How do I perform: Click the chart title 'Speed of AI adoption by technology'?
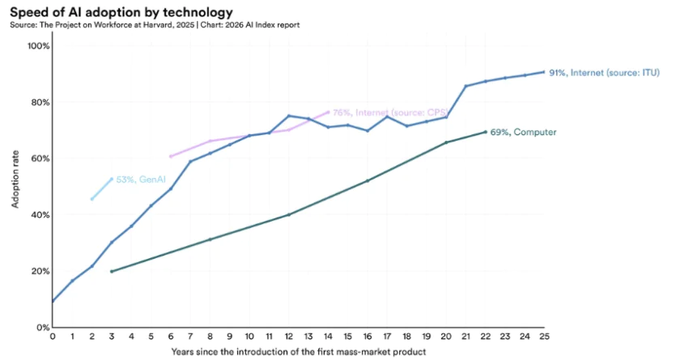pyautogui.click(x=121, y=12)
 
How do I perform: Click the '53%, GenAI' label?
pyautogui.click(x=135, y=180)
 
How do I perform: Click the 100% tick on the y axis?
pyautogui.click(x=39, y=46)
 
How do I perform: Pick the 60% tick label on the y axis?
pyautogui.click(x=39, y=159)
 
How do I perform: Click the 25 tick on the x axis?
pyautogui.click(x=544, y=337)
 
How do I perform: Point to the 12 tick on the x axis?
pyautogui.click(x=288, y=337)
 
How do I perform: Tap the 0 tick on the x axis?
pyautogui.click(x=53, y=337)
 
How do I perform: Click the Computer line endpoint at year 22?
pyautogui.click(x=485, y=132)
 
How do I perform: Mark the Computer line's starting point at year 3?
pyautogui.click(x=112, y=271)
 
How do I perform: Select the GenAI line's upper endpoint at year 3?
pyautogui.click(x=112, y=179)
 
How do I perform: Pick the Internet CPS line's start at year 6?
pyautogui.click(x=170, y=156)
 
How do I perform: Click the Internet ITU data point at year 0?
pyautogui.click(x=53, y=301)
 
